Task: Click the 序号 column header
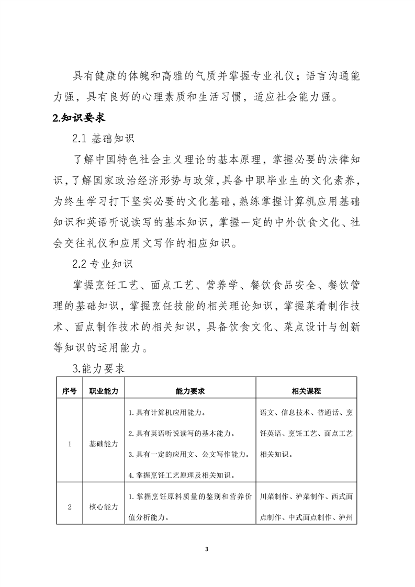pyautogui.click(x=69, y=390)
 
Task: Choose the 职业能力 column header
pyautogui.click(x=104, y=390)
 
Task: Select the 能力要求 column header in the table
pyautogui.click(x=190, y=390)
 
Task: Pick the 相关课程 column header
pyautogui.click(x=306, y=390)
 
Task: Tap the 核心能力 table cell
pyautogui.click(x=104, y=506)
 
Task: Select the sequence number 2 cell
pyautogui.click(x=69, y=506)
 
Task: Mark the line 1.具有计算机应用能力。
pyautogui.click(x=166, y=413)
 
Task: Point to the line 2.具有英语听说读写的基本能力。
pyautogui.click(x=181, y=433)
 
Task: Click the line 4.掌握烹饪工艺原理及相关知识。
pyautogui.click(x=181, y=475)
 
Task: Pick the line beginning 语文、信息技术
pyautogui.click(x=307, y=413)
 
